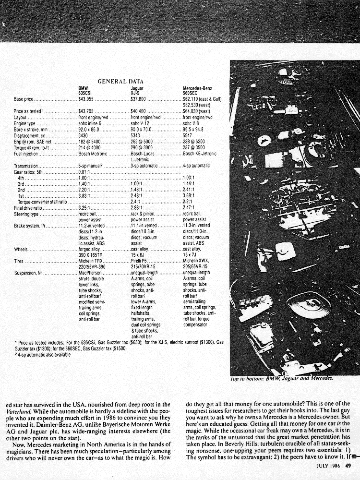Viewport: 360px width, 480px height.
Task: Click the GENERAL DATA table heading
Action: coord(120,81)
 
